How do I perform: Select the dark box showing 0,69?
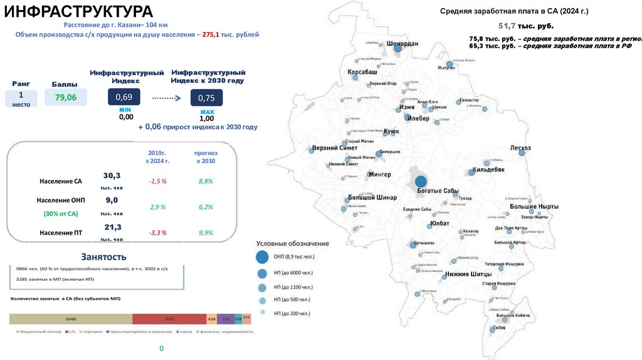click(124, 97)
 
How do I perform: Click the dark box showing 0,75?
click(206, 98)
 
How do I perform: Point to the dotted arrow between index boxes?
click(166, 98)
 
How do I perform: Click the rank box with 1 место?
click(21, 98)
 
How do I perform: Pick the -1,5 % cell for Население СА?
click(157, 181)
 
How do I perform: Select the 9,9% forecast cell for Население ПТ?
click(206, 233)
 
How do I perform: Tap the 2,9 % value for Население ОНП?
click(157, 206)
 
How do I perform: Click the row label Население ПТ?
click(60, 233)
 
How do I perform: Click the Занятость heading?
click(103, 257)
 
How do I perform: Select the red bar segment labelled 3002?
click(169, 319)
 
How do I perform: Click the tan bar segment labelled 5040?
click(70, 319)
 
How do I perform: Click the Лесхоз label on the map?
click(520, 148)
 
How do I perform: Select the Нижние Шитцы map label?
click(468, 274)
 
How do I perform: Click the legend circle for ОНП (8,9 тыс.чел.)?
click(262, 257)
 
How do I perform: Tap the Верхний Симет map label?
click(335, 148)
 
